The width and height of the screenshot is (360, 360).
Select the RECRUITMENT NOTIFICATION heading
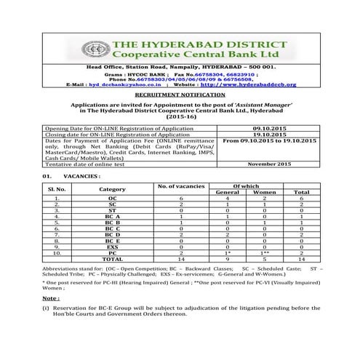(180, 95)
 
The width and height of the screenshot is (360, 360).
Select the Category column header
(112, 189)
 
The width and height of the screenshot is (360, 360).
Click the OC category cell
(112, 198)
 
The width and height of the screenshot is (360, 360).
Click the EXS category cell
(112, 246)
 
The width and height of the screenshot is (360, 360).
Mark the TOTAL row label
(112, 258)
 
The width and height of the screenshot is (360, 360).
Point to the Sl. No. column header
(56, 189)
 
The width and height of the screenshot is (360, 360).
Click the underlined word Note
(50, 298)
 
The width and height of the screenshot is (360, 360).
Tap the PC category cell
(112, 252)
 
